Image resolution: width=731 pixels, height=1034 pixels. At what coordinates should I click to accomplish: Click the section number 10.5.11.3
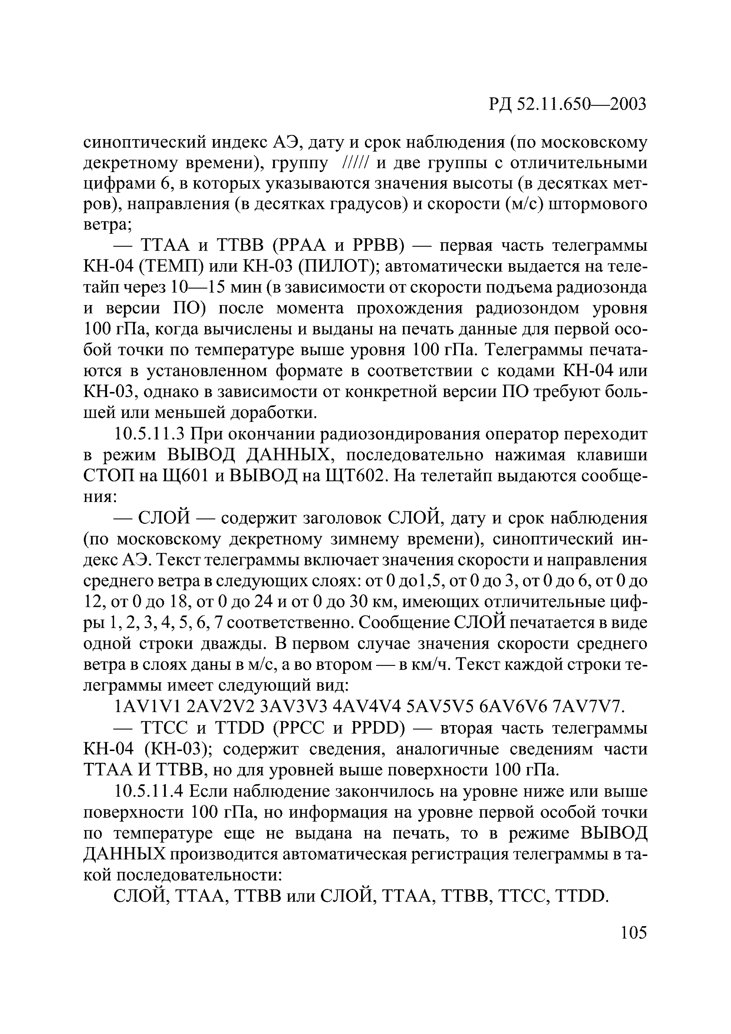[150, 434]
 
